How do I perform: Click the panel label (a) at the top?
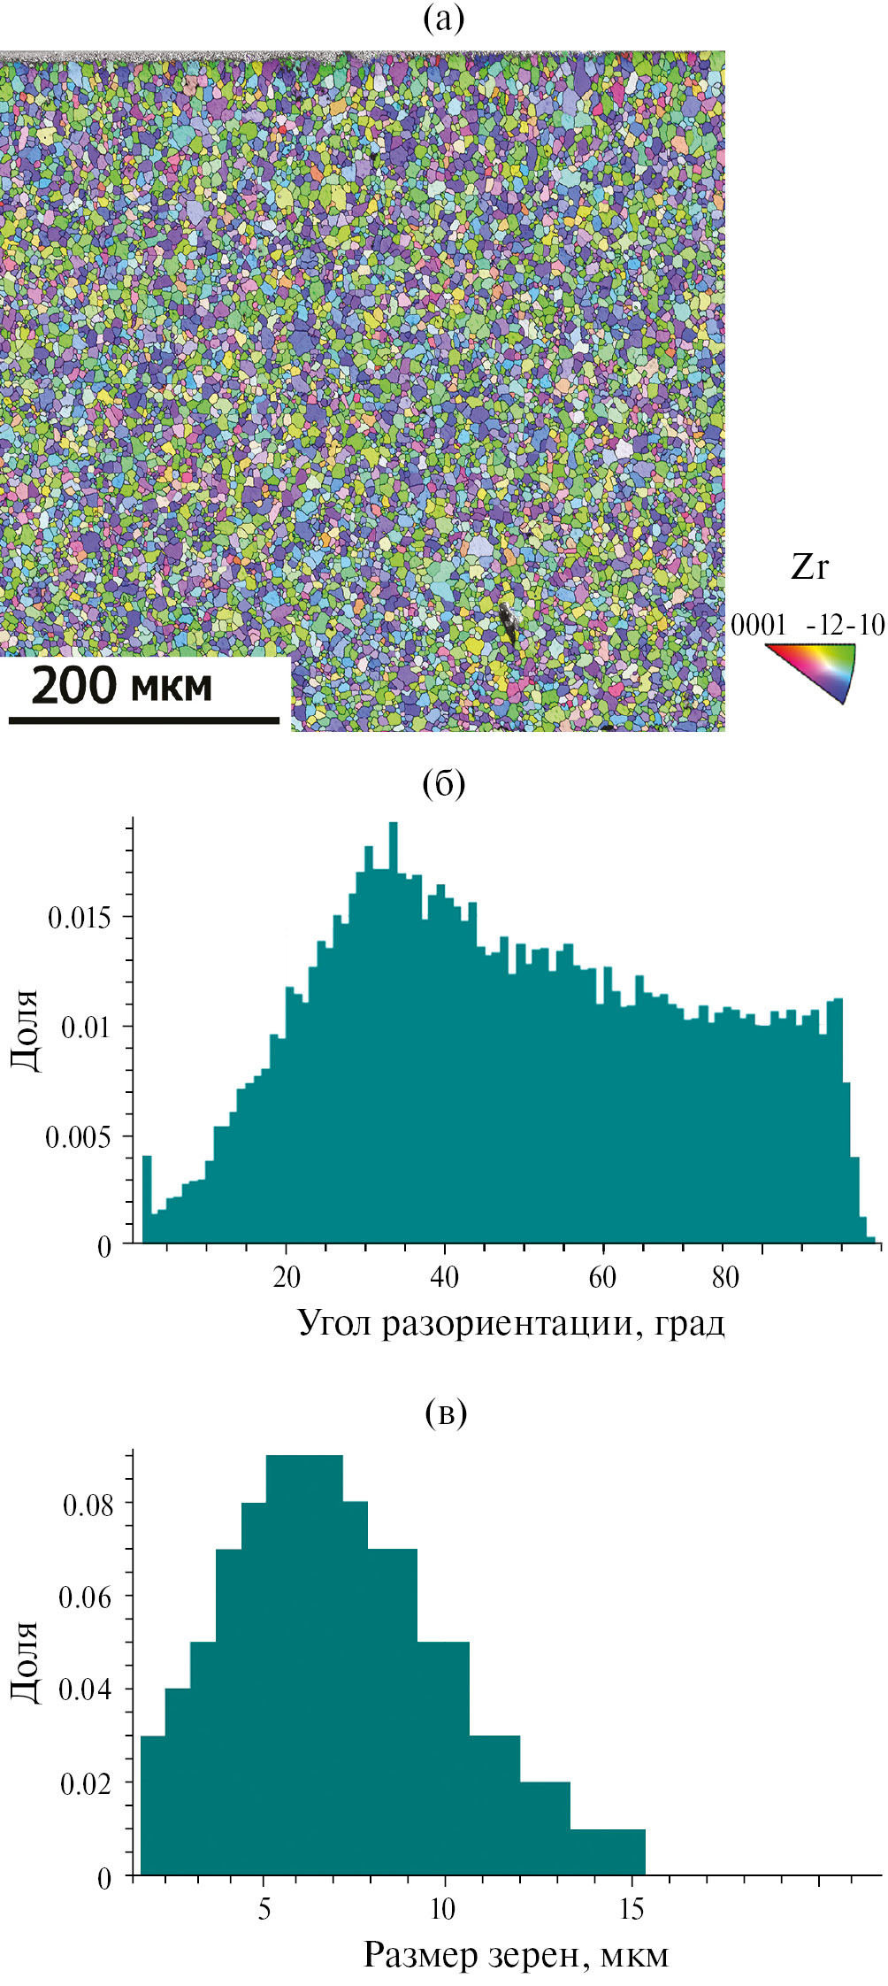(444, 19)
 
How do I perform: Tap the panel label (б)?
(444, 783)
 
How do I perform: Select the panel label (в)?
(445, 1412)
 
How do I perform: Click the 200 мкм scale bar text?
(122, 685)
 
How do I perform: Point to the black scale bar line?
(144, 720)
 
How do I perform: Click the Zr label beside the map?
(809, 567)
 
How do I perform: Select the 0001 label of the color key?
(758, 626)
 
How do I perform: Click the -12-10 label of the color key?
(845, 626)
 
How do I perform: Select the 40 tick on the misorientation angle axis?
(444, 1277)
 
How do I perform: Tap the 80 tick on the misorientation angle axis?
(724, 1277)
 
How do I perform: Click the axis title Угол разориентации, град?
(511, 1323)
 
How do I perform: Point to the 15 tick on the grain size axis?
(632, 1909)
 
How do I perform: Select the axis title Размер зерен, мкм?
(516, 1955)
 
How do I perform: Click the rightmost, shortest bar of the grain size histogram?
(608, 1852)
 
